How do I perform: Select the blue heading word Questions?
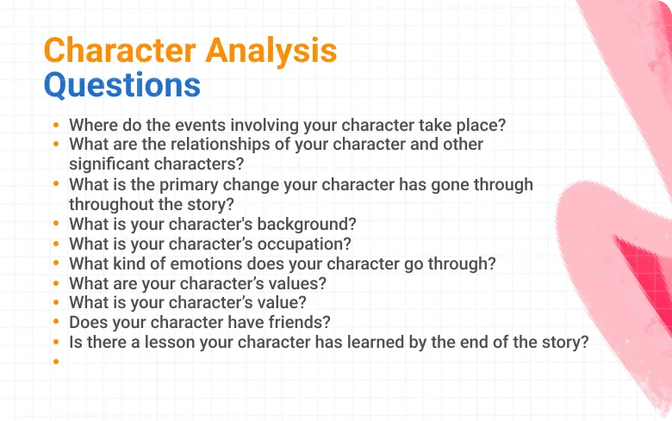121,85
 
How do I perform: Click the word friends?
302,323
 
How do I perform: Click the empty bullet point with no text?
56,362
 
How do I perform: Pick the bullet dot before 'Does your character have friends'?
56,323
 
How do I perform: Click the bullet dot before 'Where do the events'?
56,125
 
